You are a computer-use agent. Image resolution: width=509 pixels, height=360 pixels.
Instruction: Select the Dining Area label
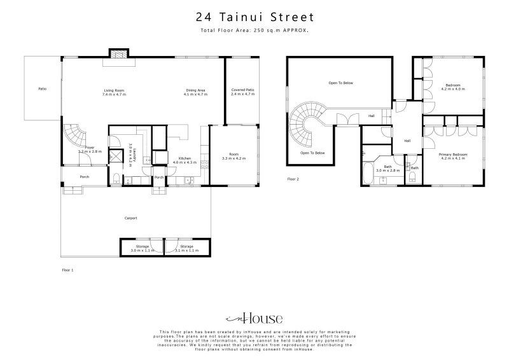(195, 92)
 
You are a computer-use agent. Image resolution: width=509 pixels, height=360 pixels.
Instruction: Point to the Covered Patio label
(242, 92)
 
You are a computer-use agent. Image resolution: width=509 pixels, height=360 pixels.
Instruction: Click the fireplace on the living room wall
(118, 54)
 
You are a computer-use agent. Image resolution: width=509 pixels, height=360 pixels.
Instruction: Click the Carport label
(131, 218)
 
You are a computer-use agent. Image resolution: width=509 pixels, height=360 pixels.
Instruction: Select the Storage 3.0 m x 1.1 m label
(142, 248)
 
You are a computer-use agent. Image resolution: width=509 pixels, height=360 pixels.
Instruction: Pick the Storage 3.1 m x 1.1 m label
(186, 248)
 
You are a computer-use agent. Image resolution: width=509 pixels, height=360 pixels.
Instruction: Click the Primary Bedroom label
(452, 156)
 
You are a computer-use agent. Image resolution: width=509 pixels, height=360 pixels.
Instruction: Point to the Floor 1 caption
(67, 270)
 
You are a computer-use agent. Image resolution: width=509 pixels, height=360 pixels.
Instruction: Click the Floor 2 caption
(293, 179)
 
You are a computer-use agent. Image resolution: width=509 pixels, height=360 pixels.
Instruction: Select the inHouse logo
(254, 319)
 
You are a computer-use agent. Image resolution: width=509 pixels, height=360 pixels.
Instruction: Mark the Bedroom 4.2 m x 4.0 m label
(453, 87)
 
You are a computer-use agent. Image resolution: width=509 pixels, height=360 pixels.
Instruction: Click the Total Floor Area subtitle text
(254, 31)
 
